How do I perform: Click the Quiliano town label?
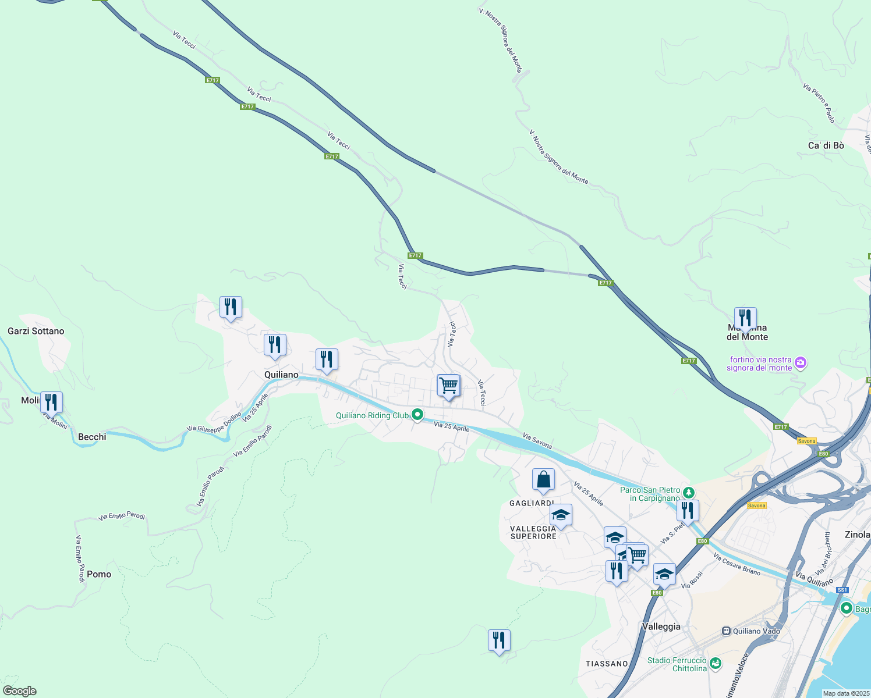click(x=281, y=375)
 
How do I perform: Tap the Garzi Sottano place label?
click(x=36, y=331)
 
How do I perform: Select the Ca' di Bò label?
click(x=826, y=145)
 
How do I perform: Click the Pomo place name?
click(x=99, y=574)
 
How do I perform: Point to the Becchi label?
click(x=92, y=437)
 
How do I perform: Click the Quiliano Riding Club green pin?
click(x=417, y=415)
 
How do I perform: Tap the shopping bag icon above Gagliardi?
click(x=543, y=480)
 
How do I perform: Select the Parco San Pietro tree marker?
click(x=689, y=493)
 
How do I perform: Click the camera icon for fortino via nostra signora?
click(x=801, y=363)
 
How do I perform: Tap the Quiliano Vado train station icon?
click(x=726, y=631)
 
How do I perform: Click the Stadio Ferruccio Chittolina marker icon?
click(x=716, y=663)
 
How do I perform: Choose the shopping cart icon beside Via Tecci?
click(x=448, y=385)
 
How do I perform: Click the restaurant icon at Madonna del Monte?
click(x=745, y=318)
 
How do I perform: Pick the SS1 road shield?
click(x=842, y=590)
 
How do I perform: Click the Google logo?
click(x=20, y=691)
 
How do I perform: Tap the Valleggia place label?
click(x=661, y=626)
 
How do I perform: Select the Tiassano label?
click(x=607, y=664)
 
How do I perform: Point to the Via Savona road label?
click(x=537, y=440)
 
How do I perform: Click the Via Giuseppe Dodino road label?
click(x=214, y=421)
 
